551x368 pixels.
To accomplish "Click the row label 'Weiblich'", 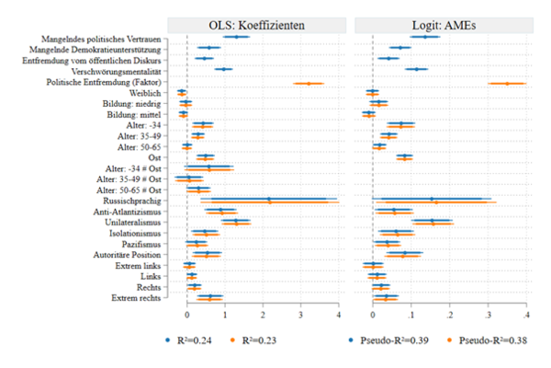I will tap(146, 92).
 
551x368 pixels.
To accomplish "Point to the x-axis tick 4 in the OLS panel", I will tap(340, 316).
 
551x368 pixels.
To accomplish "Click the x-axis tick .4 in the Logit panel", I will tap(525, 316).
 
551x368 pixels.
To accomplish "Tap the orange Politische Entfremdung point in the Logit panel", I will tap(506, 83).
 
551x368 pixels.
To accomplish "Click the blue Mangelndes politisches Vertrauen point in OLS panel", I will tap(238, 37).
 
